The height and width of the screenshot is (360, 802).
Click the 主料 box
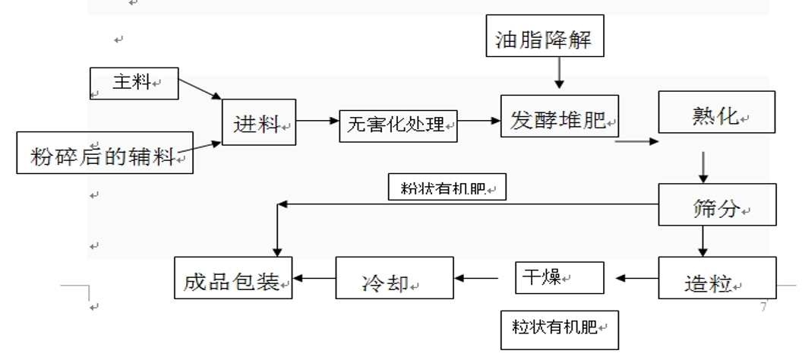tap(134, 83)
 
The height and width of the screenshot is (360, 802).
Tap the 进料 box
tap(259, 123)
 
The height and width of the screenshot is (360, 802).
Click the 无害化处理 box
tap(399, 123)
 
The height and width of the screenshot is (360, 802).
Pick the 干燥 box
tap(559, 277)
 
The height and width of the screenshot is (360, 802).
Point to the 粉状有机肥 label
tap(447, 188)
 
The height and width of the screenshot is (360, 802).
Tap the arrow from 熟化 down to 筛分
tap(703, 165)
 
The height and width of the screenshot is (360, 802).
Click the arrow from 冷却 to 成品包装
tap(314, 278)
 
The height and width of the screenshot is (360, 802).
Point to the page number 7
tap(763, 307)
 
